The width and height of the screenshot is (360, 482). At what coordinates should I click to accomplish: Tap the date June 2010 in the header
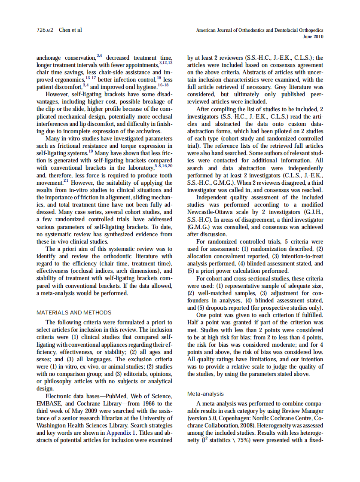(313, 37)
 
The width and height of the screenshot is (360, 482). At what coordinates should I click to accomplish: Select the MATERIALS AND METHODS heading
(74, 312)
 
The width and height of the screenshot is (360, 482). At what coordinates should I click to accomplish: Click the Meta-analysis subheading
(205, 394)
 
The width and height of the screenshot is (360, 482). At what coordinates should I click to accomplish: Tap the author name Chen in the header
(64, 30)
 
